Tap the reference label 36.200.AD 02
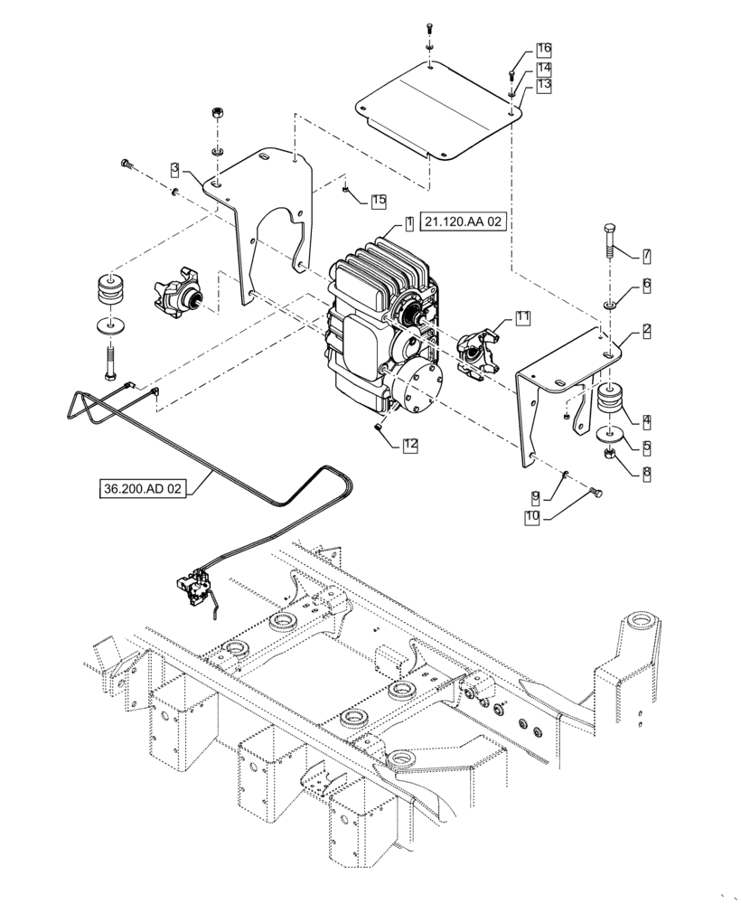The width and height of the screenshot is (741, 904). coord(141,489)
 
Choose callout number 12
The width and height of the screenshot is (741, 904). coord(410,444)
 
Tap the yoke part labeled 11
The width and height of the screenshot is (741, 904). coord(475,353)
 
